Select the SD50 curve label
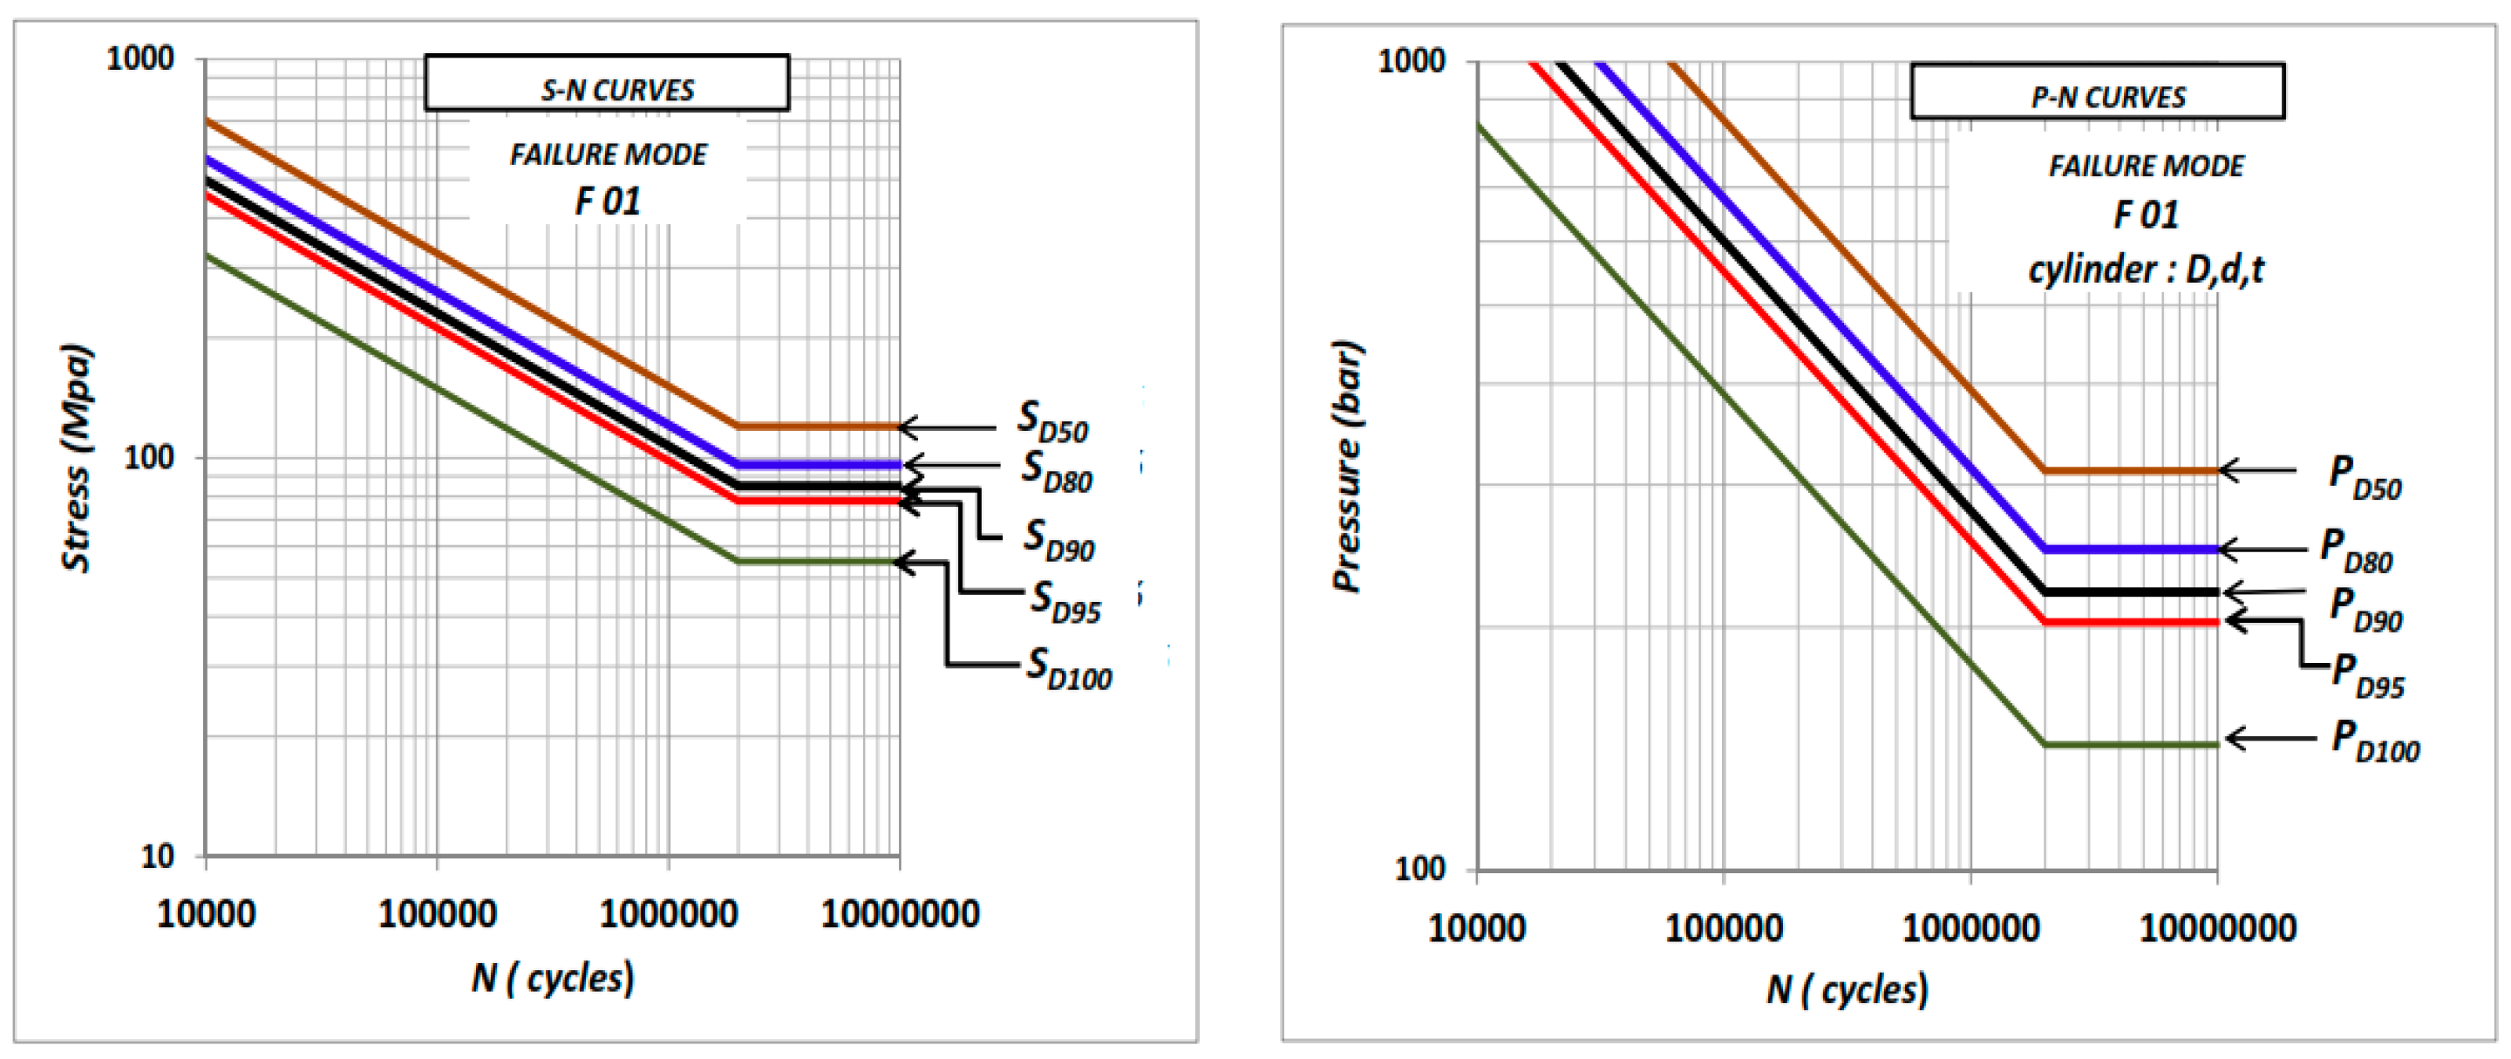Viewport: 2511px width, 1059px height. [1051, 422]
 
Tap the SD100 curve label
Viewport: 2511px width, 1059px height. [1068, 670]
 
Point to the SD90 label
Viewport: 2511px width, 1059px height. [1058, 540]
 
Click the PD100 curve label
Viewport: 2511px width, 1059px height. [2374, 741]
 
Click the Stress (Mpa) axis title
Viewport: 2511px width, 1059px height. [76, 458]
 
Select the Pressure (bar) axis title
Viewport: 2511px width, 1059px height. [1347, 466]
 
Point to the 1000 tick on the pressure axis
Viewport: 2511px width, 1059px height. [1411, 60]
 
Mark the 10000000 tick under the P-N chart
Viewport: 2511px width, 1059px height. [2216, 926]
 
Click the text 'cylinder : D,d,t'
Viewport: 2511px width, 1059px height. [2146, 270]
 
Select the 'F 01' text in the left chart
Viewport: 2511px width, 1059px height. [608, 202]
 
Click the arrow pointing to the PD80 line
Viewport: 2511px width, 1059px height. [2263, 550]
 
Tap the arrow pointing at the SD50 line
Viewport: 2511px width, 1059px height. [945, 427]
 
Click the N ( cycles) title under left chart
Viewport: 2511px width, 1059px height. [553, 977]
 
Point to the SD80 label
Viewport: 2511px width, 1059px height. [1057, 472]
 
